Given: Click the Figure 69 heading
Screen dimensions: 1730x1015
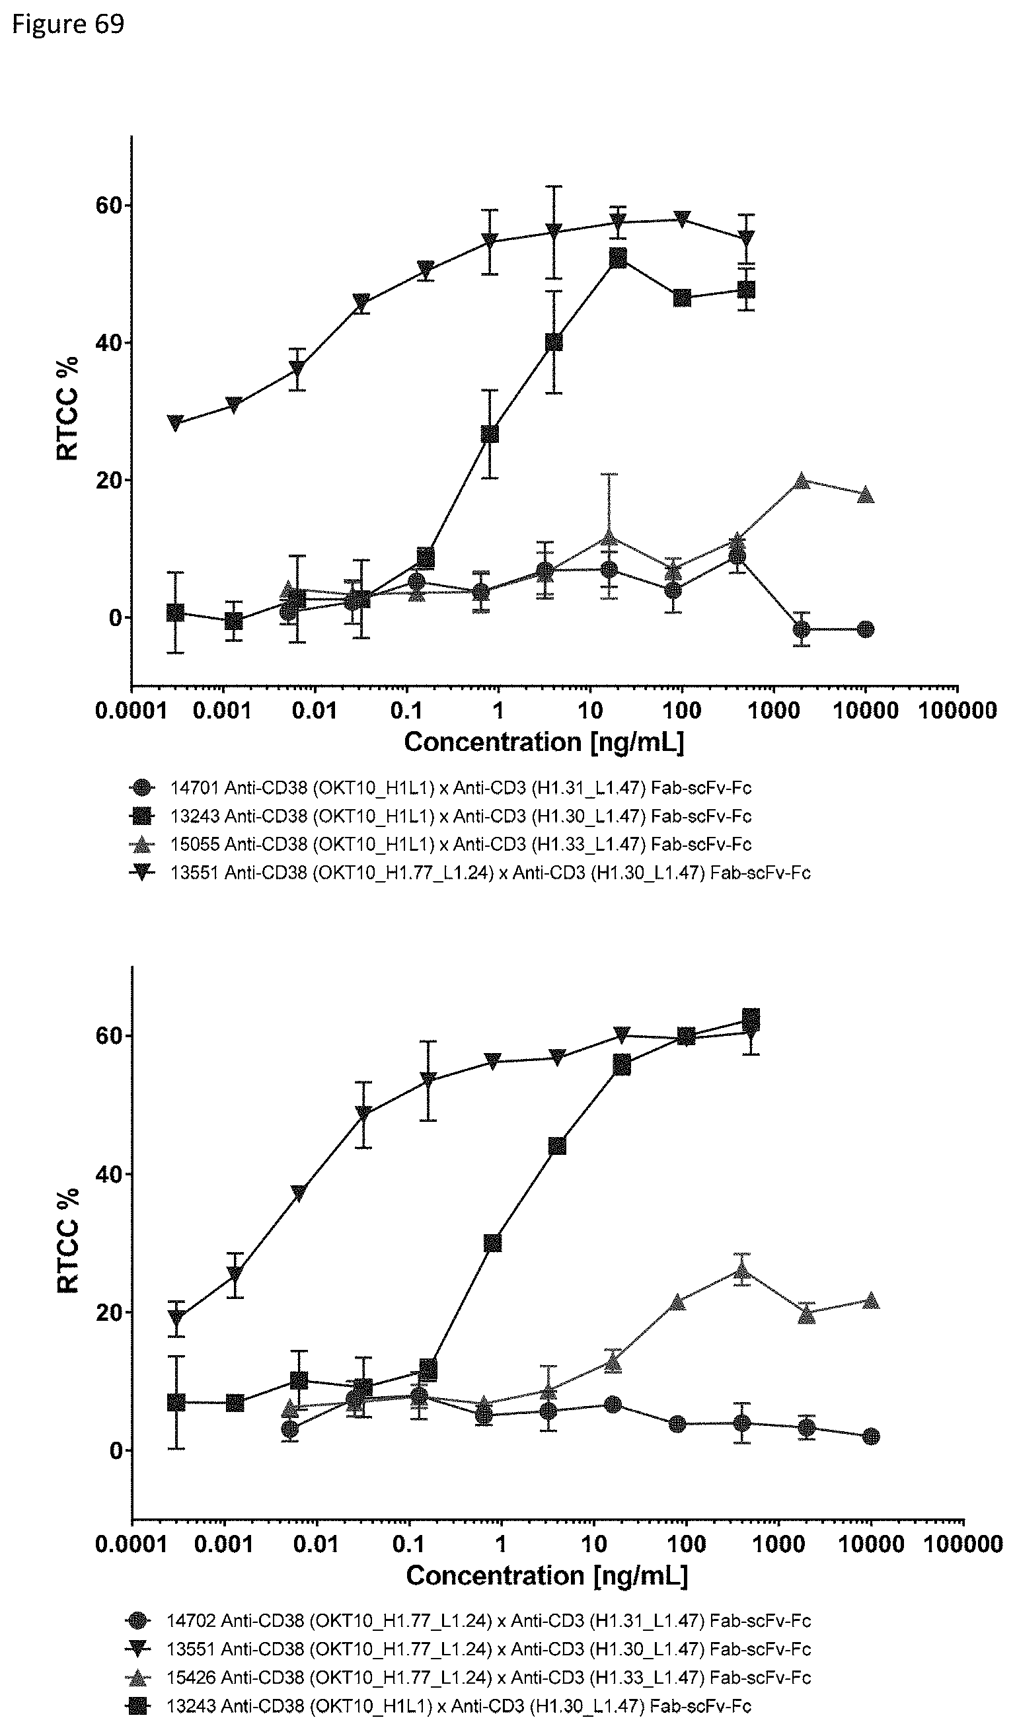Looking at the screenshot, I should pyautogui.click(x=68, y=24).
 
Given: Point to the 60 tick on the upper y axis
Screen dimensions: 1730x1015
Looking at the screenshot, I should pyautogui.click(x=108, y=206).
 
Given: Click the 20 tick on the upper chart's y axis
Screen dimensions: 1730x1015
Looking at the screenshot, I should pyautogui.click(x=108, y=480).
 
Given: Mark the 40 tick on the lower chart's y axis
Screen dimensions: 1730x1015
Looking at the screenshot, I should pyautogui.click(x=108, y=1174).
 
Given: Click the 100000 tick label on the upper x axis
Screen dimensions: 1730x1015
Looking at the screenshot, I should pyautogui.click(x=958, y=710).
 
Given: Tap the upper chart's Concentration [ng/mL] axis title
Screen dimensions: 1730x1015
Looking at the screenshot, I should pyautogui.click(x=544, y=742).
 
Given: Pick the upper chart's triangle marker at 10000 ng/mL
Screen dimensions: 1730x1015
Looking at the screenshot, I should pyautogui.click(x=866, y=495).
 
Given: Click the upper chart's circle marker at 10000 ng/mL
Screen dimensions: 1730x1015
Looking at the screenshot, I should pyautogui.click(x=866, y=629).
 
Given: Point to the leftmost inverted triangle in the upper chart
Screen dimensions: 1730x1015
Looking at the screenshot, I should pyautogui.click(x=175, y=423).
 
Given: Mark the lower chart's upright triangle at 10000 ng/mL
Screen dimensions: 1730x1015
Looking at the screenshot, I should pyautogui.click(x=870, y=1301).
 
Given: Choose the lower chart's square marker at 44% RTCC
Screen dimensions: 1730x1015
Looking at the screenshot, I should pyautogui.click(x=557, y=1146).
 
